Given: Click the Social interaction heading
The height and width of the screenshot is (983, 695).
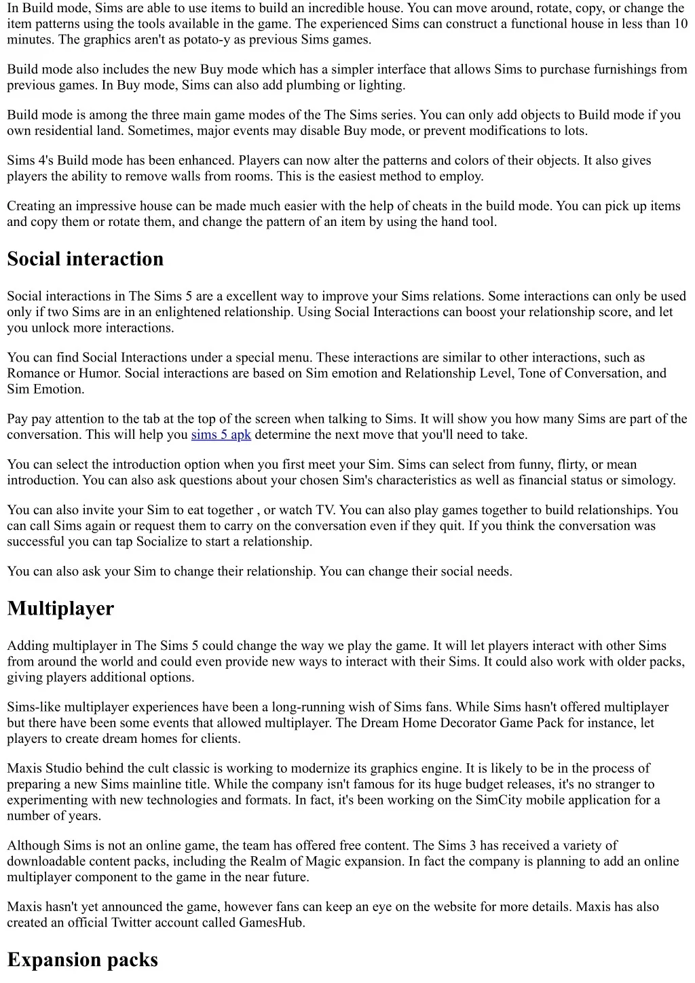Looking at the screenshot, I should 86,259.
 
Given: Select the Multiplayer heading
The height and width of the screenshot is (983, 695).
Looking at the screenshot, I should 60,609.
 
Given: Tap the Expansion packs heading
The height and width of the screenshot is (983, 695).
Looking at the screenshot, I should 83,960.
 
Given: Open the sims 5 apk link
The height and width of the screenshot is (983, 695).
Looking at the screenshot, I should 221,435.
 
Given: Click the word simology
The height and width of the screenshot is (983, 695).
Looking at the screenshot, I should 647,480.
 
